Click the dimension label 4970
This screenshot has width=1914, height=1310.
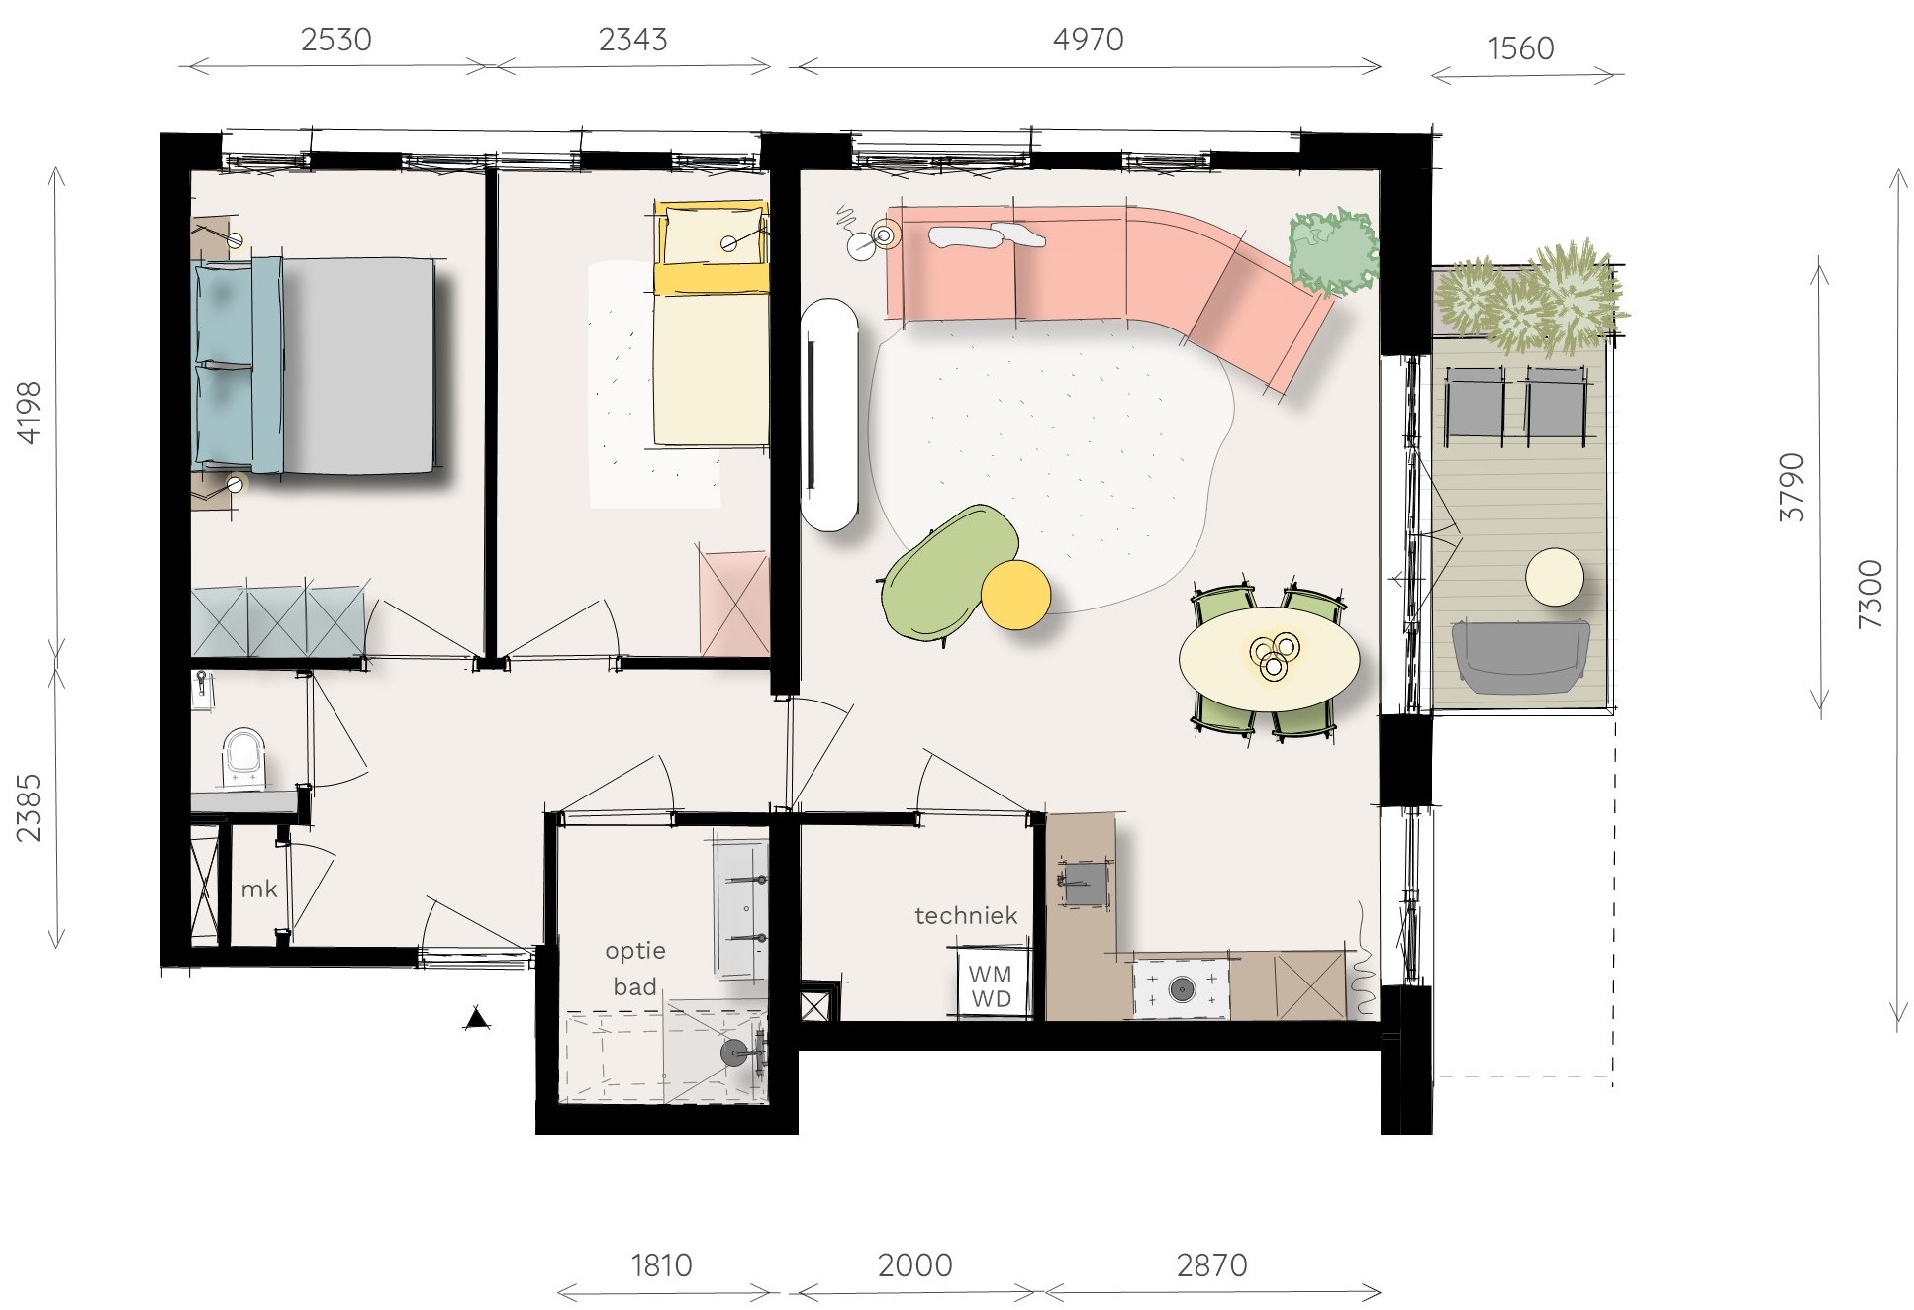point(1088,40)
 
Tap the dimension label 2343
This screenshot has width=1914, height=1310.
point(632,40)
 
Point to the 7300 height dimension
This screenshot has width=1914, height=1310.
point(1869,594)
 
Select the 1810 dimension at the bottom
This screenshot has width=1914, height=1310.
point(661,1264)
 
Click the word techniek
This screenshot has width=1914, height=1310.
point(966,915)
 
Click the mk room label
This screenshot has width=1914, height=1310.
point(259,889)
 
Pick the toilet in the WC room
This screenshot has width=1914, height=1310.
point(243,758)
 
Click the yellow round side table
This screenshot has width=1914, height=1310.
point(1015,595)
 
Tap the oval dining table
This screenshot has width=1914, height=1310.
point(1269,658)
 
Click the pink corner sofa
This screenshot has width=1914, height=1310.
point(1108,277)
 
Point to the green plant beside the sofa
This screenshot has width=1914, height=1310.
point(1332,250)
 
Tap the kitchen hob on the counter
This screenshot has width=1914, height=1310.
point(1182,988)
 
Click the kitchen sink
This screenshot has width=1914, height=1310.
point(1085,881)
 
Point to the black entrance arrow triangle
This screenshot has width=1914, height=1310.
point(477,1018)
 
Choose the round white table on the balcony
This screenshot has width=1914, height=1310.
point(1554,577)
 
